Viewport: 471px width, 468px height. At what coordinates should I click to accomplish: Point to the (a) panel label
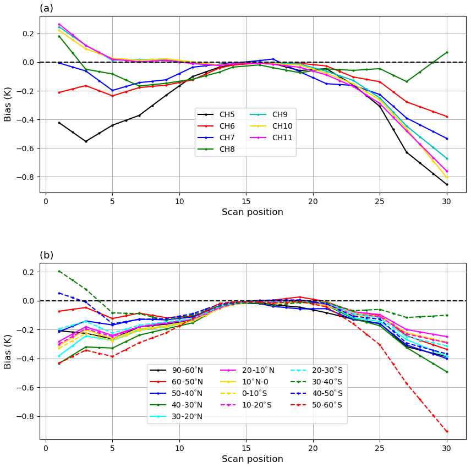[46, 8]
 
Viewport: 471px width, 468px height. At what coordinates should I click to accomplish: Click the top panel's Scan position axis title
[252, 212]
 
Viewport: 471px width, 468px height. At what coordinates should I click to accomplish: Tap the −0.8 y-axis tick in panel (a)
[27, 177]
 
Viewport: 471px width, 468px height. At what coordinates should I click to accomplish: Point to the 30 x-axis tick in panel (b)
[447, 448]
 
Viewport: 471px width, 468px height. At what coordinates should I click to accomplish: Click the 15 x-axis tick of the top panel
[246, 201]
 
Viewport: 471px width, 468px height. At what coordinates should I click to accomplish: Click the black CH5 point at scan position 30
[447, 184]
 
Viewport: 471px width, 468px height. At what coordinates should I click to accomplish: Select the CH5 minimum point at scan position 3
[86, 141]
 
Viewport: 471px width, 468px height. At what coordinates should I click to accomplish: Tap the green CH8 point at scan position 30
[447, 52]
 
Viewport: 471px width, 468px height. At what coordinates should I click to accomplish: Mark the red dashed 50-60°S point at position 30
[447, 431]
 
